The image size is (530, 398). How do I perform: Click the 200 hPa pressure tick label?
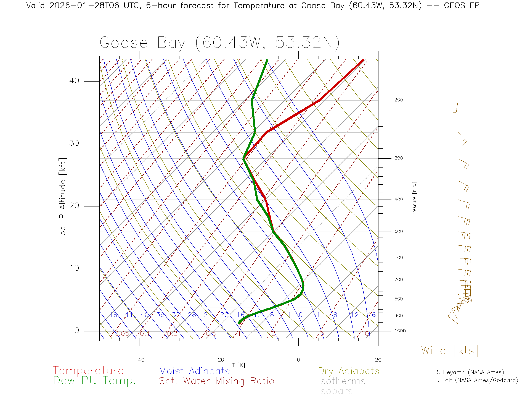[399, 100]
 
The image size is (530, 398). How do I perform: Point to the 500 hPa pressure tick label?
[399, 231]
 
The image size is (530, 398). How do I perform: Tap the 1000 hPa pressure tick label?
[400, 331]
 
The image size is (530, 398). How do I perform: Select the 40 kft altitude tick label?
[74, 81]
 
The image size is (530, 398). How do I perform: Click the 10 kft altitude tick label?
[74, 268]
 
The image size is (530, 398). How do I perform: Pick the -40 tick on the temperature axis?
[139, 360]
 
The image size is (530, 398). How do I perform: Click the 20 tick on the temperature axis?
[378, 360]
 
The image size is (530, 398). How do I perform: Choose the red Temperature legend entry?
[88, 371]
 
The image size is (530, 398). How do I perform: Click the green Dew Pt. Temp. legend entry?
[95, 381]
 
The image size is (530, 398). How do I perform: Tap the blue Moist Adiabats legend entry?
[195, 371]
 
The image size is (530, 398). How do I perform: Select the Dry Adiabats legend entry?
[349, 371]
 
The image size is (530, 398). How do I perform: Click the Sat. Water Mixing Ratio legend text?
[217, 381]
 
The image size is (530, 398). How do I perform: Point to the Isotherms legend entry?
[342, 381]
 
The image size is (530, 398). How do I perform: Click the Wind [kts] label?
[450, 350]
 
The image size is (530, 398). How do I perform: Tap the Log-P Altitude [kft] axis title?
[63, 199]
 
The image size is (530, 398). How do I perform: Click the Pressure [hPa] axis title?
[414, 198]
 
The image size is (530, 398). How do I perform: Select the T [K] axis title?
[239, 365]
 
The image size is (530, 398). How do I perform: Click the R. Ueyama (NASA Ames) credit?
[469, 372]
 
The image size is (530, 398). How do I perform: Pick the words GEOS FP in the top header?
[462, 6]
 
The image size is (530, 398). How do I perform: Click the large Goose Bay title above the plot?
[219, 43]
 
